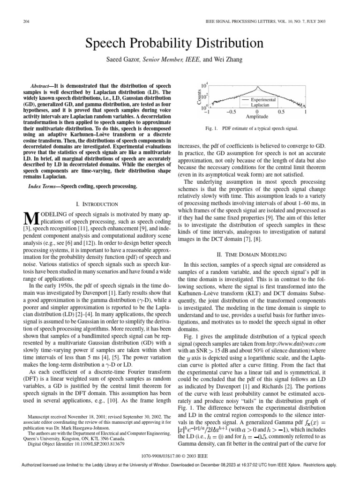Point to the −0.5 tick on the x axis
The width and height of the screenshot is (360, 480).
click(x=232, y=112)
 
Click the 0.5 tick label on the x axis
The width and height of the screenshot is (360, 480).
click(x=281, y=112)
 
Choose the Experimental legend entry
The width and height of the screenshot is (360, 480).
click(x=264, y=100)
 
